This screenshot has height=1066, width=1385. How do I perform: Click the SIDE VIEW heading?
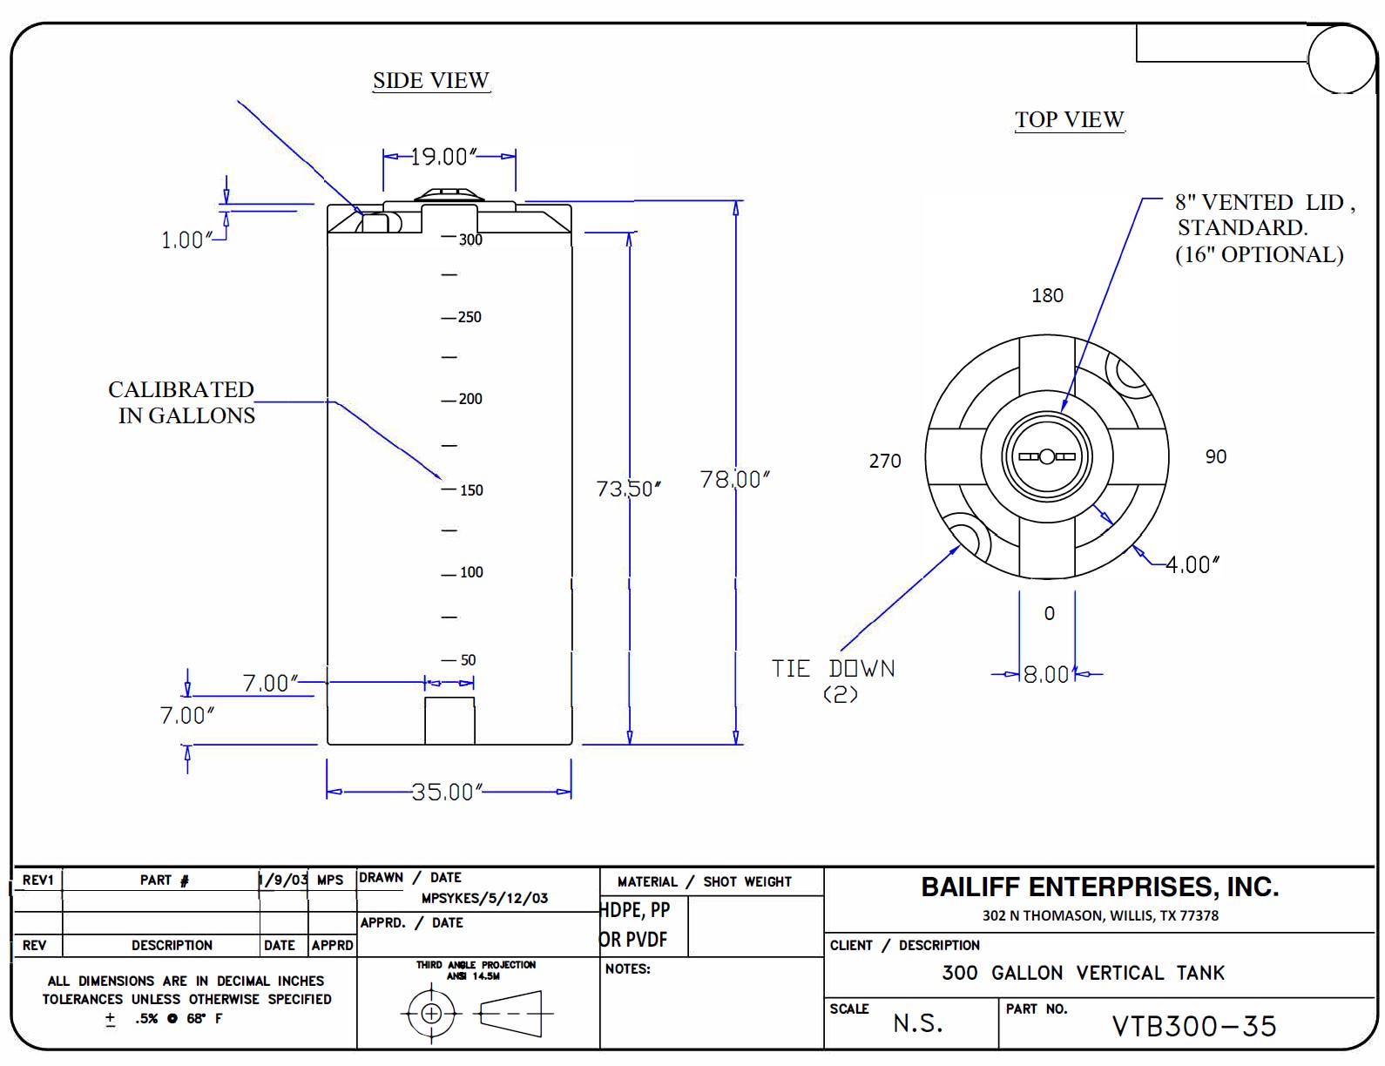click(431, 80)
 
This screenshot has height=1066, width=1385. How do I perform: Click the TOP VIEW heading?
click(1069, 119)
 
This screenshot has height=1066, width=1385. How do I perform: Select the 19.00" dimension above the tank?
click(443, 157)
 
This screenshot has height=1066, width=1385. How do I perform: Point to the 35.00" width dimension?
click(446, 792)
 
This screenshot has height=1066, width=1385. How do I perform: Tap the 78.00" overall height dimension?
click(735, 479)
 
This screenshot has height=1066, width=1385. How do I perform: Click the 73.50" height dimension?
click(628, 489)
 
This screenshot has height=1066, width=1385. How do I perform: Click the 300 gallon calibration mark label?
click(470, 240)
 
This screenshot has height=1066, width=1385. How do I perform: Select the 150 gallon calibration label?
click(471, 490)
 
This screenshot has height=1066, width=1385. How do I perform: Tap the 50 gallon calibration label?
click(468, 659)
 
